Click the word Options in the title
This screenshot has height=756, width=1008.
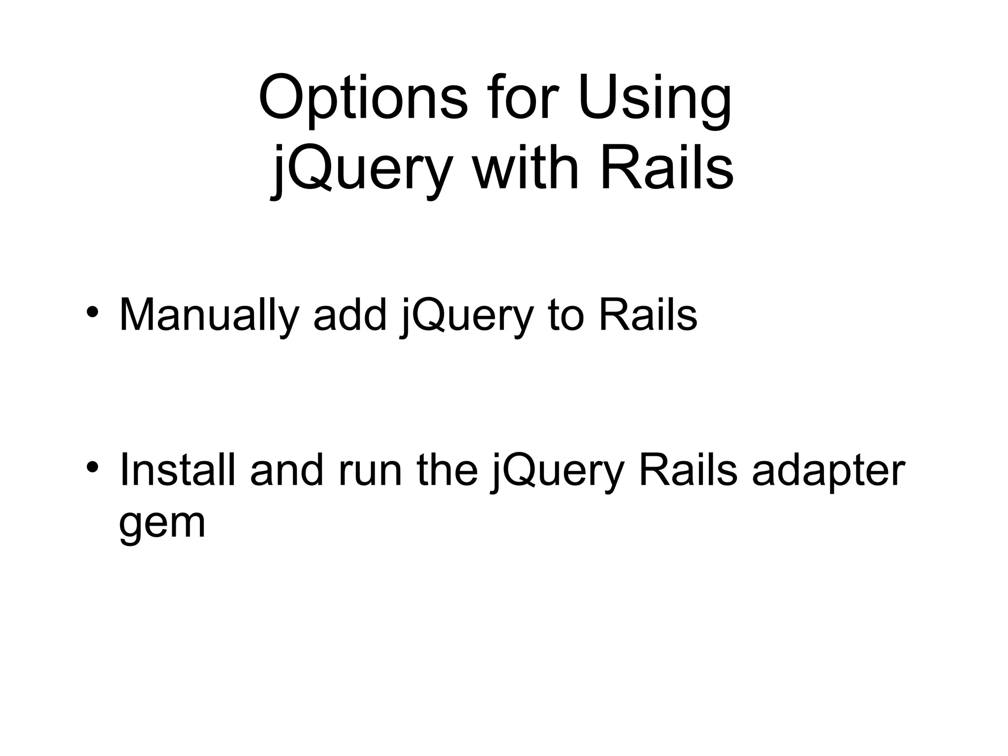click(363, 98)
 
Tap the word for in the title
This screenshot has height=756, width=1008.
click(522, 98)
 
